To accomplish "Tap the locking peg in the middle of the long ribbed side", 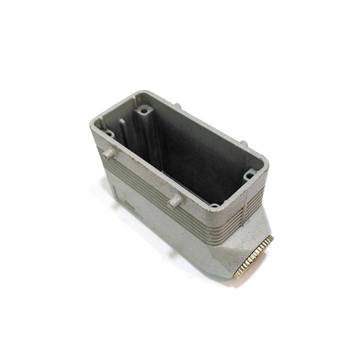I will coord(174,201).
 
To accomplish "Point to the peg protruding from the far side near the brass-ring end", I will coord(243,143).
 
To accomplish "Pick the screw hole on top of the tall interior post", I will coord(144,109).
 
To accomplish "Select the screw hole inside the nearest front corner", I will coord(214,205).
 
